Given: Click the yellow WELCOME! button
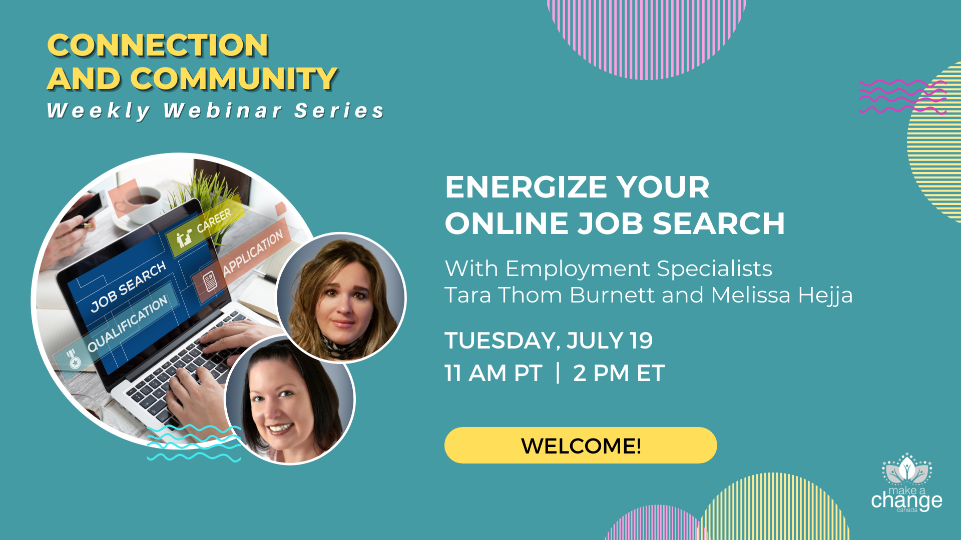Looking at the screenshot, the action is click(581, 445).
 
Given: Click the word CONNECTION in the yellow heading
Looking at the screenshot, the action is click(158, 45).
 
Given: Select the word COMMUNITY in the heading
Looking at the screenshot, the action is click(234, 79).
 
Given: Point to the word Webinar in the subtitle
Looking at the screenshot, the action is click(223, 110).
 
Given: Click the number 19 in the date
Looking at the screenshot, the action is click(641, 340).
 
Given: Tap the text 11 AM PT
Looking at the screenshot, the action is click(493, 373).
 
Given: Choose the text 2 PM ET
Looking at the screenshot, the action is click(619, 373).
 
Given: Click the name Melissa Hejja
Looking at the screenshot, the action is click(782, 295).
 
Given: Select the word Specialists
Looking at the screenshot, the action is click(714, 268).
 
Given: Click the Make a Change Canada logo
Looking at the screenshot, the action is click(906, 482).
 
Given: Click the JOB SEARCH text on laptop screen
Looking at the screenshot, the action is click(128, 286).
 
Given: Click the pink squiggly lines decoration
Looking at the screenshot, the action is click(902, 96).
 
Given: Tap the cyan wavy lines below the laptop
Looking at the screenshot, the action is click(194, 442).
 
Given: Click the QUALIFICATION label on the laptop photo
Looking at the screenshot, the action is click(127, 324).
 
